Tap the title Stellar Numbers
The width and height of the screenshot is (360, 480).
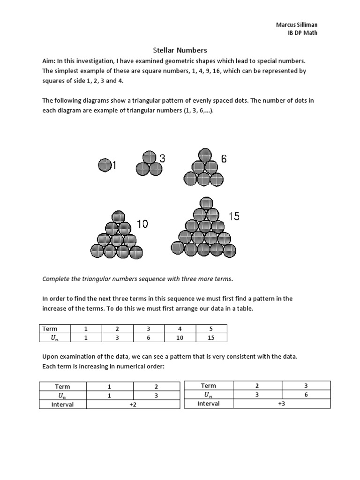[x=180, y=50]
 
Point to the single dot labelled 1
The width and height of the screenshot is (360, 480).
[x=105, y=165]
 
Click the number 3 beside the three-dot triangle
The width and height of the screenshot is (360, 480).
[x=162, y=159]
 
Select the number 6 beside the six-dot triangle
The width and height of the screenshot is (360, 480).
[x=224, y=159]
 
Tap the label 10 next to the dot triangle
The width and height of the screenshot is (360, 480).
[x=142, y=225]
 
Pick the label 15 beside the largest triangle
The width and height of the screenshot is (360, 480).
[x=234, y=216]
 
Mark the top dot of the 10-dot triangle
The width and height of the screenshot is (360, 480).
[x=118, y=217]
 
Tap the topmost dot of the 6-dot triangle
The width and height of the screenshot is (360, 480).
[x=204, y=155]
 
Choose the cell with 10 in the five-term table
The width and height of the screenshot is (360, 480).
[x=180, y=337]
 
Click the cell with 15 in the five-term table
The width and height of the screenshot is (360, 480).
[x=211, y=337]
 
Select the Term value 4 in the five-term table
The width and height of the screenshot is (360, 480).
[x=180, y=329]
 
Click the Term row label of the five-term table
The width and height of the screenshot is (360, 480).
[x=50, y=329]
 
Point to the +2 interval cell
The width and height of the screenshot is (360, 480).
[x=133, y=404]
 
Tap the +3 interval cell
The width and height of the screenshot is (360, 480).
[x=281, y=403]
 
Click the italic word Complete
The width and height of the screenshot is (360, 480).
[x=57, y=279]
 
